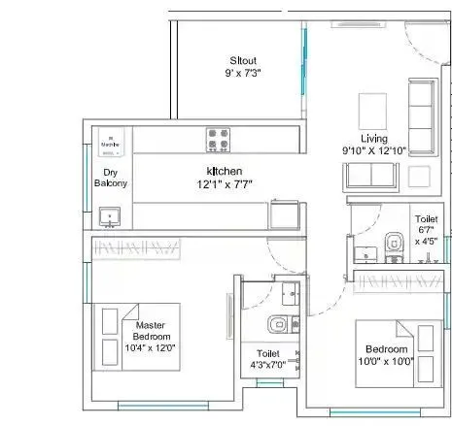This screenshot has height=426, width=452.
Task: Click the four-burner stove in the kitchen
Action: tap(218, 140)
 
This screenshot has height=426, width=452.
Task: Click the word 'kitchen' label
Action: tap(223, 170)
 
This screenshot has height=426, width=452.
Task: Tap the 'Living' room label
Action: tap(373, 137)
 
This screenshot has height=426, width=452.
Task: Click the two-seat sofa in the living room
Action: tap(369, 176)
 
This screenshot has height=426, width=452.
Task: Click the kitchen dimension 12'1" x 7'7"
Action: tap(223, 183)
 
